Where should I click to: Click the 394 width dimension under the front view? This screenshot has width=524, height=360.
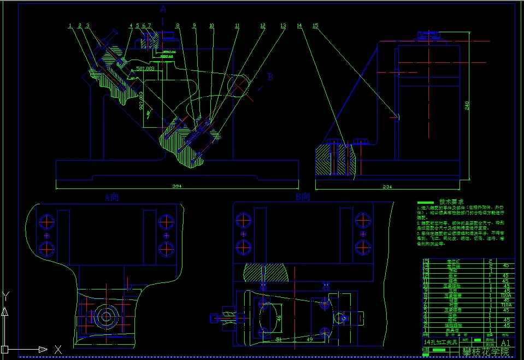coord(176,187)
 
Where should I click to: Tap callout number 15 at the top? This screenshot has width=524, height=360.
coord(315,26)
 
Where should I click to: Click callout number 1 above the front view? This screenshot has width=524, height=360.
coord(70,26)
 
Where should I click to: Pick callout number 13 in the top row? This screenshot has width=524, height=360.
coord(282,26)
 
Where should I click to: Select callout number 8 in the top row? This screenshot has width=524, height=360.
coord(177,26)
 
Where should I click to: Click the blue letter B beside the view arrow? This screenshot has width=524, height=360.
coord(269,78)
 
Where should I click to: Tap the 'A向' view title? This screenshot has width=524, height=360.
coord(111,197)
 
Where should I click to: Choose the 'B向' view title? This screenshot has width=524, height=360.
coord(303,197)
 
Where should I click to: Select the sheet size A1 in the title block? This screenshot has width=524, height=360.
coord(505,343)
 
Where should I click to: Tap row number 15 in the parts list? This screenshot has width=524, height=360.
coord(426,262)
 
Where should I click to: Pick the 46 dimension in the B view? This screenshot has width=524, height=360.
coord(278,317)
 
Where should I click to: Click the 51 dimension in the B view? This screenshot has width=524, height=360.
coord(279,340)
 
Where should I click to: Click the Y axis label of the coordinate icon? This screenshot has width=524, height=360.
coord(5,297)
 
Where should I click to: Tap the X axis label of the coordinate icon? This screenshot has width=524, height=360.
coord(58,349)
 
